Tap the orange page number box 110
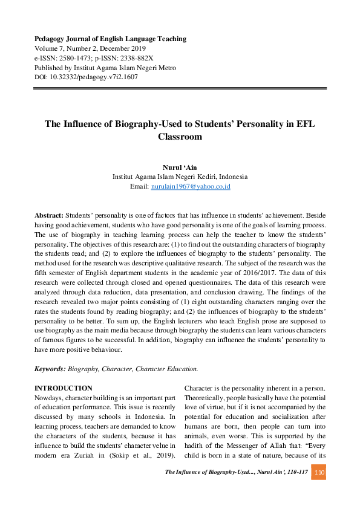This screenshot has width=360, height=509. point(319,472)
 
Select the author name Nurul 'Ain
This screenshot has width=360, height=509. point(180,167)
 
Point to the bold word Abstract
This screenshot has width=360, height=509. point(48,215)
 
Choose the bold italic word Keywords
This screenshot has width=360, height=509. point(50,368)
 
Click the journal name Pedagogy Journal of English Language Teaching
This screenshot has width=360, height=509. point(110,39)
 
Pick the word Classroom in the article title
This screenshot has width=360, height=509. point(180,137)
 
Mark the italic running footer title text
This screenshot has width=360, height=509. point(236,472)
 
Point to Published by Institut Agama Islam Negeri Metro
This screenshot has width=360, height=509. point(105,68)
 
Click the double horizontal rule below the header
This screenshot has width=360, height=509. point(180,89)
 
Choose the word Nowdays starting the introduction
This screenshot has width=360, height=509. point(51,398)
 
